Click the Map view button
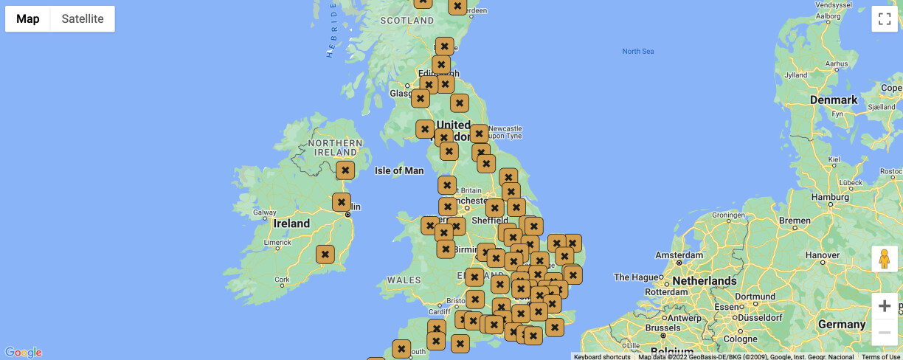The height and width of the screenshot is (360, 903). pos(28,19)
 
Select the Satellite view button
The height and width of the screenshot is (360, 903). pos(83,19)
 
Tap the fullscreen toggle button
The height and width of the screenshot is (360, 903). pos(885,19)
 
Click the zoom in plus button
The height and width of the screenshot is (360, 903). pos(885,305)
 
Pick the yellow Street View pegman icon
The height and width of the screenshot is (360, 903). pos(885,259)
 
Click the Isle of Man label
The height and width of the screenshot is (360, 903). pos(399,170)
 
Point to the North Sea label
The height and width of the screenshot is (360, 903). pos(637,52)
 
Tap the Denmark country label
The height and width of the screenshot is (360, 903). pos(834,100)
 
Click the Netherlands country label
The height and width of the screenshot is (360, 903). pos(704,280)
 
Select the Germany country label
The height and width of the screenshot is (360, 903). pos(841,325)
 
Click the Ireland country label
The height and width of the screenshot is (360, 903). pos(291,224)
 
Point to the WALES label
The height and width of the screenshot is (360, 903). pos(404,280)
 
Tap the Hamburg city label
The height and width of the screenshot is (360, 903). pos(830,197)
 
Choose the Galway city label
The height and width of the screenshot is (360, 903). pos(264,212)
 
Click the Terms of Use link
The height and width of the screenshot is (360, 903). pos(880,356)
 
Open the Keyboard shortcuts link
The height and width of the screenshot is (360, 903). pos(602,356)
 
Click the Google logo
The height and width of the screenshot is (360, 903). pos(23,353)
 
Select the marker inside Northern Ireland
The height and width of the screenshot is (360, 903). pos(345,170)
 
